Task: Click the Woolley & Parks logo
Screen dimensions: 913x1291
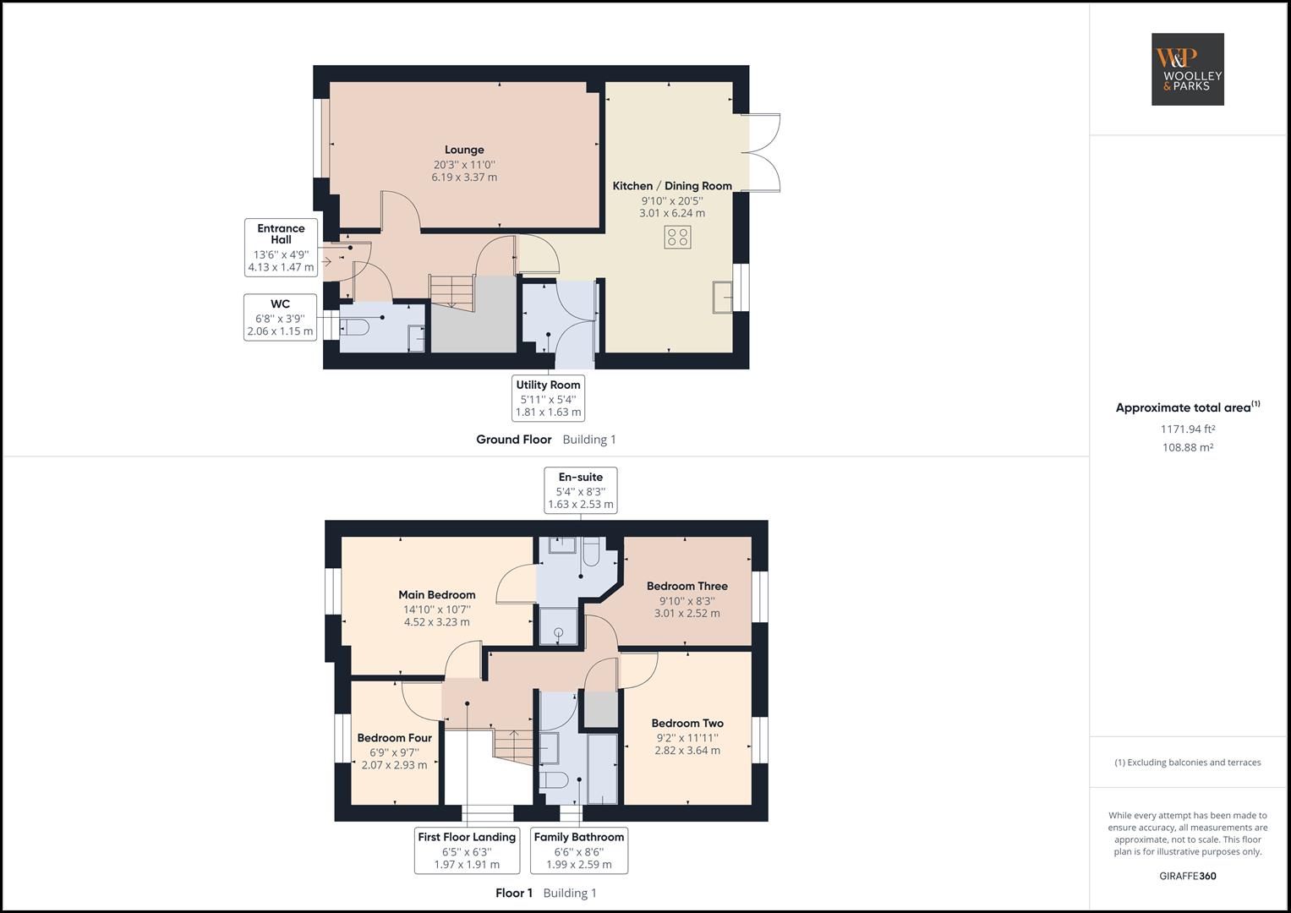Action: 1187,69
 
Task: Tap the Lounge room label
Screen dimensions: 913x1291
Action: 464,150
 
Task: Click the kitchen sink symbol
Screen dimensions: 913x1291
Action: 723,297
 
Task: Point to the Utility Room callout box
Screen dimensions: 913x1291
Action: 549,398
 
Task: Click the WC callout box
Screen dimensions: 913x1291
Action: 280,318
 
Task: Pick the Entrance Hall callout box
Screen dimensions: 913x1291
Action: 281,248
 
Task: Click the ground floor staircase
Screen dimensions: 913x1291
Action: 451,292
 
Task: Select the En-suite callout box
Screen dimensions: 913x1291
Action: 581,490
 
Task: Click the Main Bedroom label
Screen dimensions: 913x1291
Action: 437,594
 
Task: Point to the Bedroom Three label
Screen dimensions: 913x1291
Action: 687,586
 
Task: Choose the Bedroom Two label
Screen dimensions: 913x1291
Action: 687,723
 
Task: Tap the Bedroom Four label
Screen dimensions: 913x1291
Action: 394,738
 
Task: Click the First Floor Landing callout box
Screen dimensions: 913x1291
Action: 467,850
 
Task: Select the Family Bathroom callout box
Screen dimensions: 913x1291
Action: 579,850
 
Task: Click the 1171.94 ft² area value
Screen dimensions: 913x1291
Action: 1187,429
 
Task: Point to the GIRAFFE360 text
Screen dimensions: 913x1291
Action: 1187,876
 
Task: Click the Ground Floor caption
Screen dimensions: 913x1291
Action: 514,440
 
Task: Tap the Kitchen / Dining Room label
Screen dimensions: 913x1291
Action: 672,186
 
